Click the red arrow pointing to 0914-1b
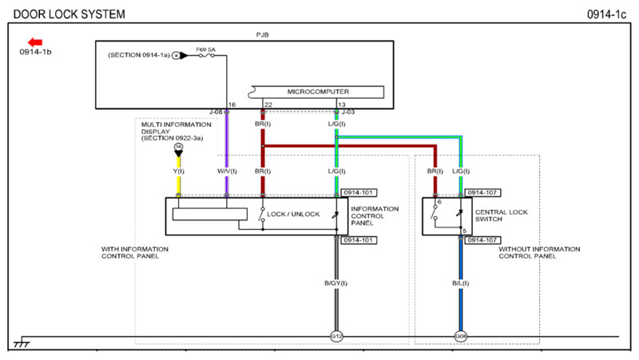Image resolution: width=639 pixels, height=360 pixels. point(34,42)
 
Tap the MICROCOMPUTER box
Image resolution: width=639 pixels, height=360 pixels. point(318,91)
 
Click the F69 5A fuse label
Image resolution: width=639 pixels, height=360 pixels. point(206,50)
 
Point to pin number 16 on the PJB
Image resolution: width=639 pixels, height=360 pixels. point(232,105)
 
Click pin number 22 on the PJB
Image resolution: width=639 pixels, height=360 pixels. point(268,105)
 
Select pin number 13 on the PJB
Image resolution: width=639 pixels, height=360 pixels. point(342,105)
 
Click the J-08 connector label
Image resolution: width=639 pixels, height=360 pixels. point(216,112)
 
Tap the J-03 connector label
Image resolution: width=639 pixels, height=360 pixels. point(348,112)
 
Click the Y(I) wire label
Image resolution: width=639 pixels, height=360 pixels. point(178,172)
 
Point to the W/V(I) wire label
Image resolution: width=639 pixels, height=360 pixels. point(228,172)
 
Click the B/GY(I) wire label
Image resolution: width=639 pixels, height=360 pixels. point(336,283)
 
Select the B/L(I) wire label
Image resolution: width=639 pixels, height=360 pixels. point(460,283)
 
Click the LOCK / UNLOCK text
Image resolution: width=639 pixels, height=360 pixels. point(293,214)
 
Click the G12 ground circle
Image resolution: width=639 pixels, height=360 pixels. point(336,336)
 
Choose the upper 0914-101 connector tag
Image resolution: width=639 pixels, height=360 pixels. point(359,192)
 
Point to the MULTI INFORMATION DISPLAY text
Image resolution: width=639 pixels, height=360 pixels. point(176,131)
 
